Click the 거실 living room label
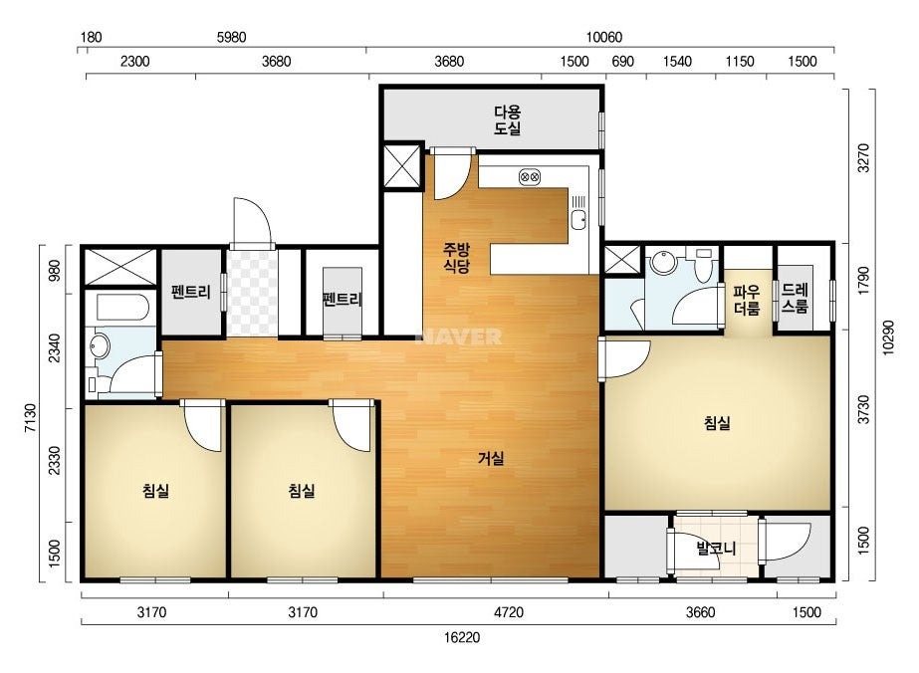491,458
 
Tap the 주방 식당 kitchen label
456,259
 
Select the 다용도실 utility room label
508,120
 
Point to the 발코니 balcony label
716,549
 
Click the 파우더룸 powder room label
746,300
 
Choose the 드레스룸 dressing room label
795,298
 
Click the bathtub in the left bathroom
122,308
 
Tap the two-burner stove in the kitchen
530,176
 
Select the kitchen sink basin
578,220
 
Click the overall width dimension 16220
462,637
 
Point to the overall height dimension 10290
888,337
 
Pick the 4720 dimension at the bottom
508,612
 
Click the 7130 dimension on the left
31,417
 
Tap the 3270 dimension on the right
863,157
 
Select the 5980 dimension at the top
232,38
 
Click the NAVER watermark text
459,336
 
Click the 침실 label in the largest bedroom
718,423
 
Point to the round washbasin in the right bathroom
664,263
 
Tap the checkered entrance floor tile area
253,293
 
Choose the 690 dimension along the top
622,62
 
